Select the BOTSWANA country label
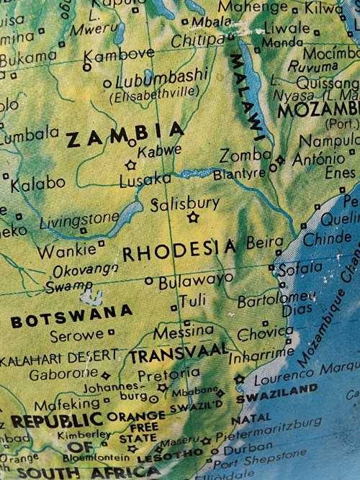click(72, 316)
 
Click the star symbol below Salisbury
click(192, 217)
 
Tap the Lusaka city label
click(145, 181)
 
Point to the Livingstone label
click(79, 219)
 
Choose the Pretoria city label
click(168, 374)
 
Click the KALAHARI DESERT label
click(59, 355)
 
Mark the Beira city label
click(264, 243)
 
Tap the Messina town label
click(184, 332)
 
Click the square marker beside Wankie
click(102, 243)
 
